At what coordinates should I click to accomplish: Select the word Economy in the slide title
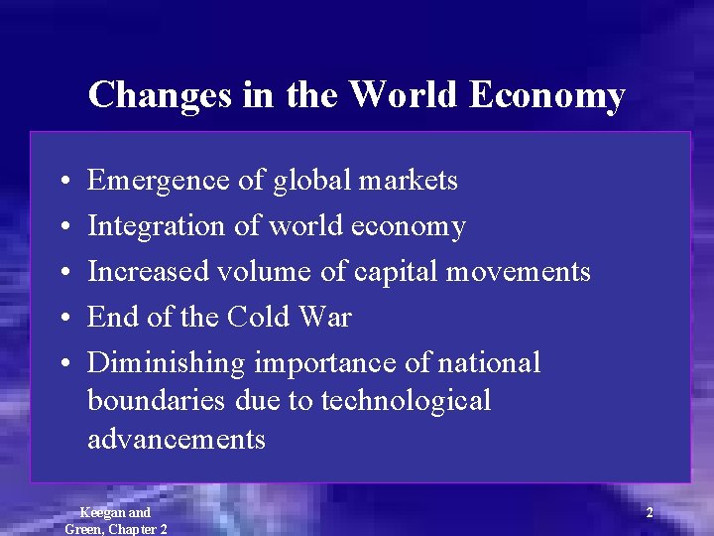[546, 95]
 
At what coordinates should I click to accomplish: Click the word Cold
[261, 318]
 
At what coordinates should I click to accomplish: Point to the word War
[326, 318]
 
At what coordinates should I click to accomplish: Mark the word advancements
[177, 439]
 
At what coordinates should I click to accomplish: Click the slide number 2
[650, 513]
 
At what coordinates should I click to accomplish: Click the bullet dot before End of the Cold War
[62, 319]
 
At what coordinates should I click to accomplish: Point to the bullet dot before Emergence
[62, 182]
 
